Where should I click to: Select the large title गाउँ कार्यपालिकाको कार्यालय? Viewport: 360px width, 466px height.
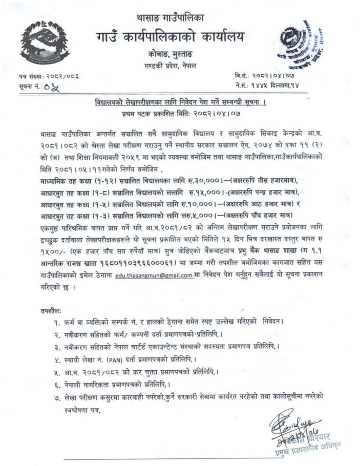click(170, 37)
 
